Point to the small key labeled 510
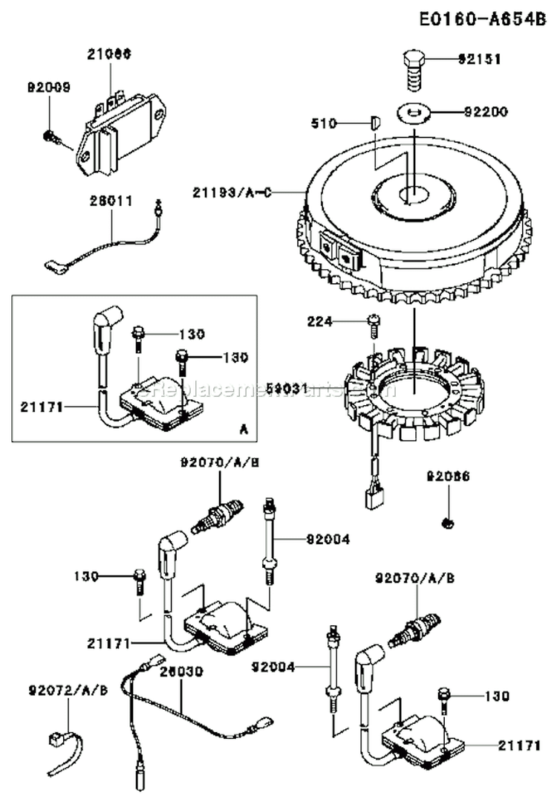pyautogui.click(x=376, y=122)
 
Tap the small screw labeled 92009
pyautogui.click(x=51, y=135)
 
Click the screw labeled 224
pyautogui.click(x=373, y=323)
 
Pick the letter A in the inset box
pyautogui.click(x=244, y=429)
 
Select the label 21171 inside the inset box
pyautogui.click(x=44, y=407)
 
